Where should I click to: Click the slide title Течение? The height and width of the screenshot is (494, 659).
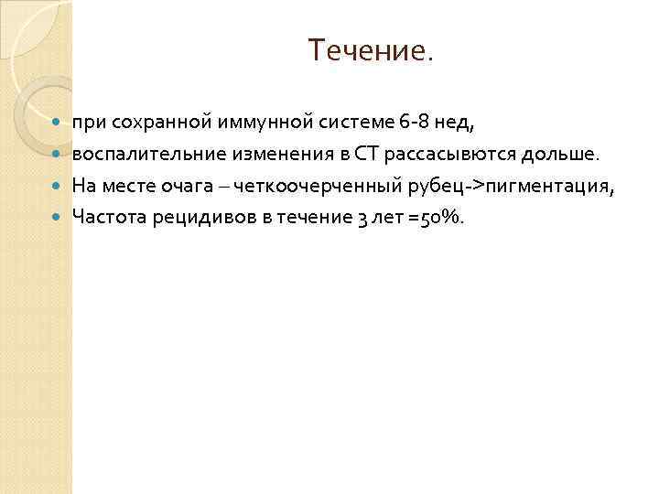coord(371,51)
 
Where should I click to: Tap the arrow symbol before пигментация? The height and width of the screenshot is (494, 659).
coord(475,186)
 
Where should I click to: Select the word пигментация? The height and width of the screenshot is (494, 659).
coord(548,186)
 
